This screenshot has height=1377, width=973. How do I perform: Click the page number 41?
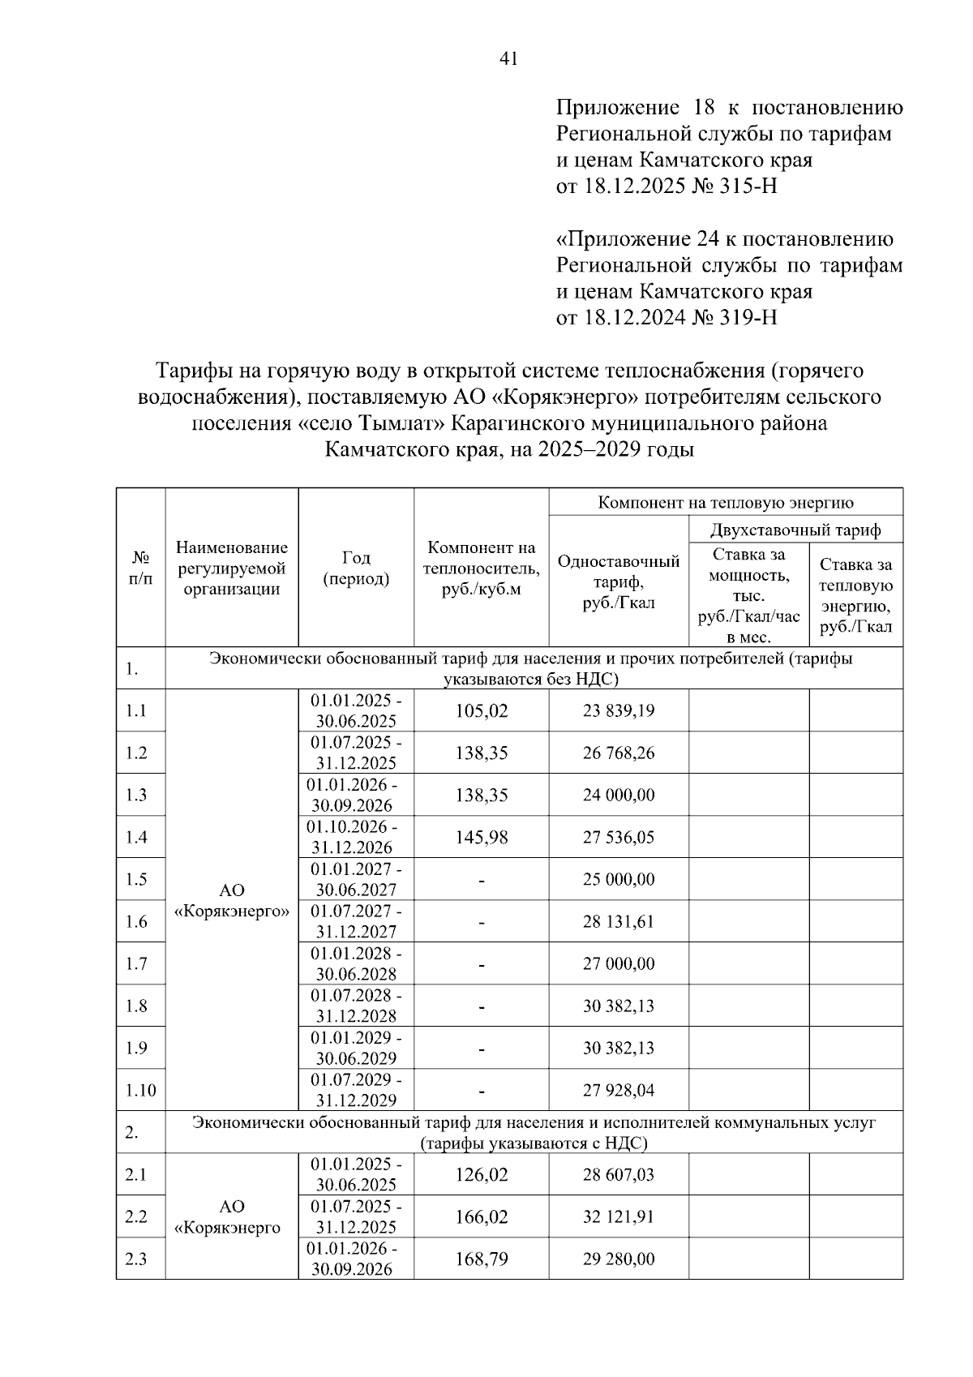click(509, 58)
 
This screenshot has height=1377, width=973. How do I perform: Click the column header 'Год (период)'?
click(356, 568)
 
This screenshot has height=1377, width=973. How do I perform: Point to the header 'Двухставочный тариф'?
click(795, 531)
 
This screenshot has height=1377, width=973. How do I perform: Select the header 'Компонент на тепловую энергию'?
click(726, 503)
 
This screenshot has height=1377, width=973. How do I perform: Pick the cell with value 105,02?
click(481, 711)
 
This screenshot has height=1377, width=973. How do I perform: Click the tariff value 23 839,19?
click(619, 711)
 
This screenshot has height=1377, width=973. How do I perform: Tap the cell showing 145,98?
click(481, 838)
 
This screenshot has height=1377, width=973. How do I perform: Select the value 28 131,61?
click(619, 922)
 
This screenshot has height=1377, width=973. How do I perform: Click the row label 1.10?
click(140, 1091)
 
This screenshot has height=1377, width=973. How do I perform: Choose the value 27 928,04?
click(619, 1091)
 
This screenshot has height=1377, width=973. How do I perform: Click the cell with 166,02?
click(481, 1217)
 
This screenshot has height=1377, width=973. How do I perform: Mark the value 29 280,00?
click(619, 1259)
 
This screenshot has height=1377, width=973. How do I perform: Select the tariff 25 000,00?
click(619, 880)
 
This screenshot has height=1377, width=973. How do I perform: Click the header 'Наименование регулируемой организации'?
click(232, 568)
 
